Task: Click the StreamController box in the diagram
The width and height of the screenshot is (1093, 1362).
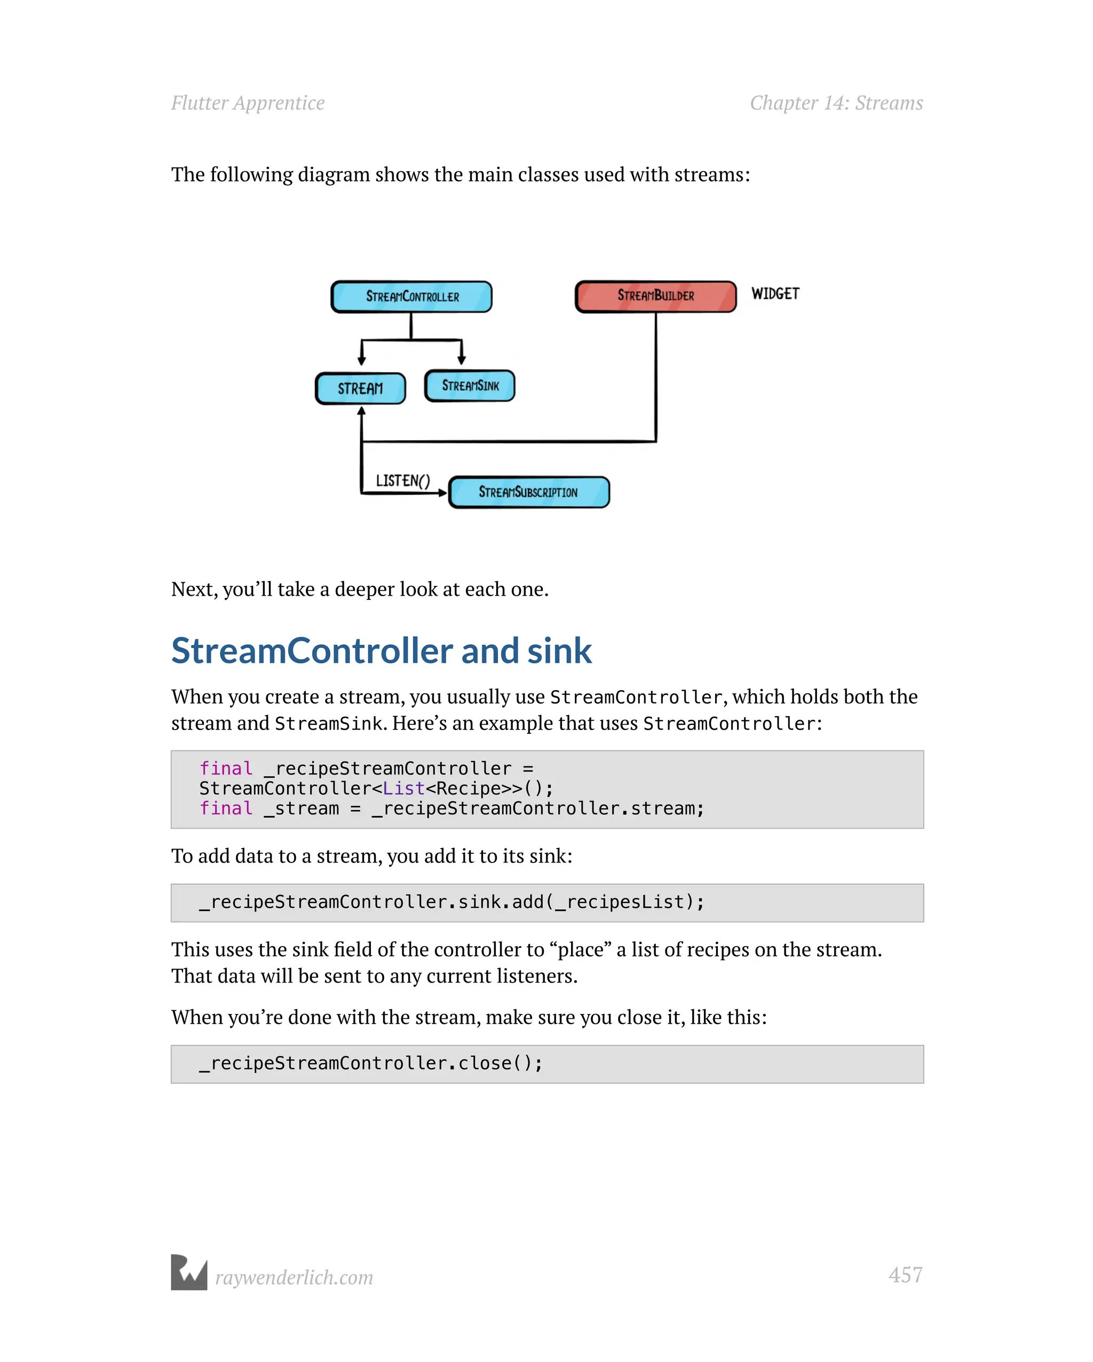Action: [x=411, y=297]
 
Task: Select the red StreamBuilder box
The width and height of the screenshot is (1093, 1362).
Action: [x=655, y=296]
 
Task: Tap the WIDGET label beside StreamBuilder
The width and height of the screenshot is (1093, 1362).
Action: [x=775, y=294]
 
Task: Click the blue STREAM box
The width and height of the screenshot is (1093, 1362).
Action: [x=360, y=389]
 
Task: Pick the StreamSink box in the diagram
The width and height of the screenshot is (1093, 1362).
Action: [x=470, y=386]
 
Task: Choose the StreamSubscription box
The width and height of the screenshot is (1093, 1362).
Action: [x=529, y=492]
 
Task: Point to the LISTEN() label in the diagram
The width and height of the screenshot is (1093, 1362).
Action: [x=402, y=481]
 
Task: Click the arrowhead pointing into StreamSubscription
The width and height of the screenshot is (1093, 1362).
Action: [x=443, y=493]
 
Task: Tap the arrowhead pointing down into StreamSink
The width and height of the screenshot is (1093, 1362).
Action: [x=462, y=360]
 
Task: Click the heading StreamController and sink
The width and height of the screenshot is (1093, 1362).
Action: [x=381, y=651]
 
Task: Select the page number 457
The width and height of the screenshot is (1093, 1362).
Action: [x=905, y=1275]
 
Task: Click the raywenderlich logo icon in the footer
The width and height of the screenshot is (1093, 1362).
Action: [x=189, y=1272]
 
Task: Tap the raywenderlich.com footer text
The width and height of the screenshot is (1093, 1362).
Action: [x=294, y=1277]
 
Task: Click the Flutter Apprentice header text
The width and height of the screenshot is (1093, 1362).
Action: [x=248, y=103]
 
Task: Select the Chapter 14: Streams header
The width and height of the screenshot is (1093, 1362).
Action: [x=836, y=103]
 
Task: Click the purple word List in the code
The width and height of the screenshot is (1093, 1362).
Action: [x=403, y=788]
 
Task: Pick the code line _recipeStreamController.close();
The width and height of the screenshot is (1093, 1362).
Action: [x=371, y=1063]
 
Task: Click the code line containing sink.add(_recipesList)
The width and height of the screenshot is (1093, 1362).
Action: [x=451, y=902]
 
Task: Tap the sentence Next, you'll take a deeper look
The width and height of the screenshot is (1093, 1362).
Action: [x=360, y=589]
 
